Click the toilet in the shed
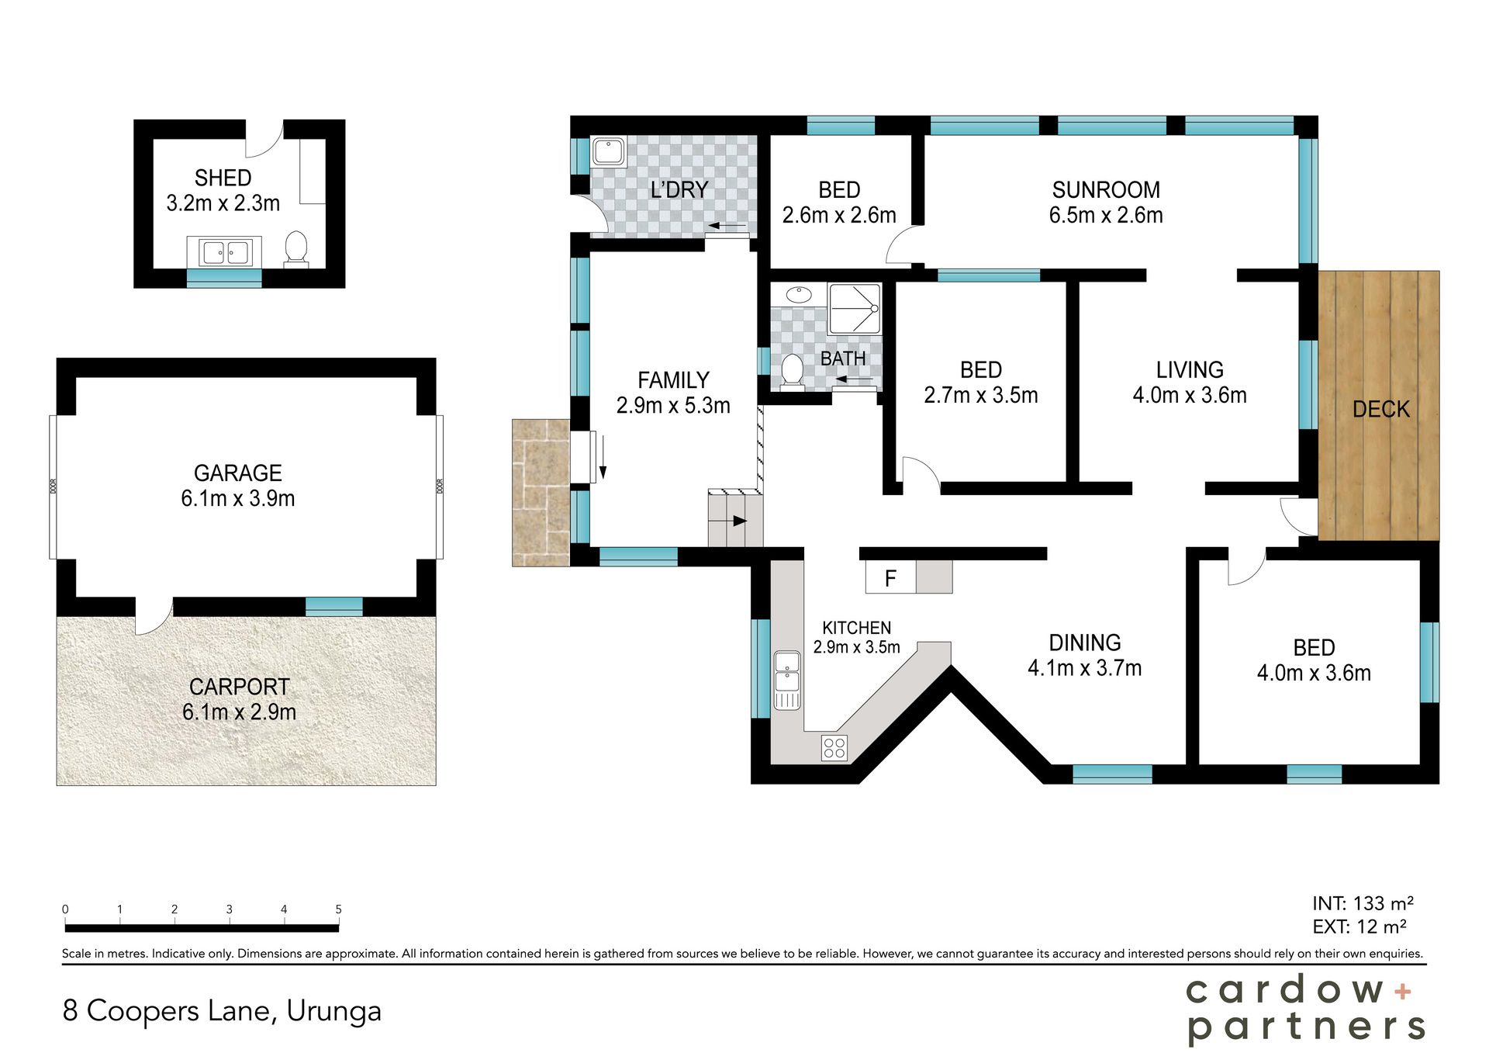[296, 249]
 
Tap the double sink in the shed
[225, 252]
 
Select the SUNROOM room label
[1106, 189]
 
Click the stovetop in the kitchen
[834, 748]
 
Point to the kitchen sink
[787, 680]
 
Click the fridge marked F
[890, 577]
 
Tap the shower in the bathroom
[855, 309]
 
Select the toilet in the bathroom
[792, 372]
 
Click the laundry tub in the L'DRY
[609, 152]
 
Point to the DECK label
[1380, 409]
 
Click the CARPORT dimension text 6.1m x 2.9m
[239, 712]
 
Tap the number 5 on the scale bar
[338, 909]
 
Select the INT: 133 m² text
[1363, 903]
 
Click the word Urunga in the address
[333, 1011]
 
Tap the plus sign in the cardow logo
[1402, 991]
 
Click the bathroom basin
[798, 294]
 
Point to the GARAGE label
[237, 473]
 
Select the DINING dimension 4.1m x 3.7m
[1084, 667]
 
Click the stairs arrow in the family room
[734, 521]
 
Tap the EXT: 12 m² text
[1359, 927]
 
